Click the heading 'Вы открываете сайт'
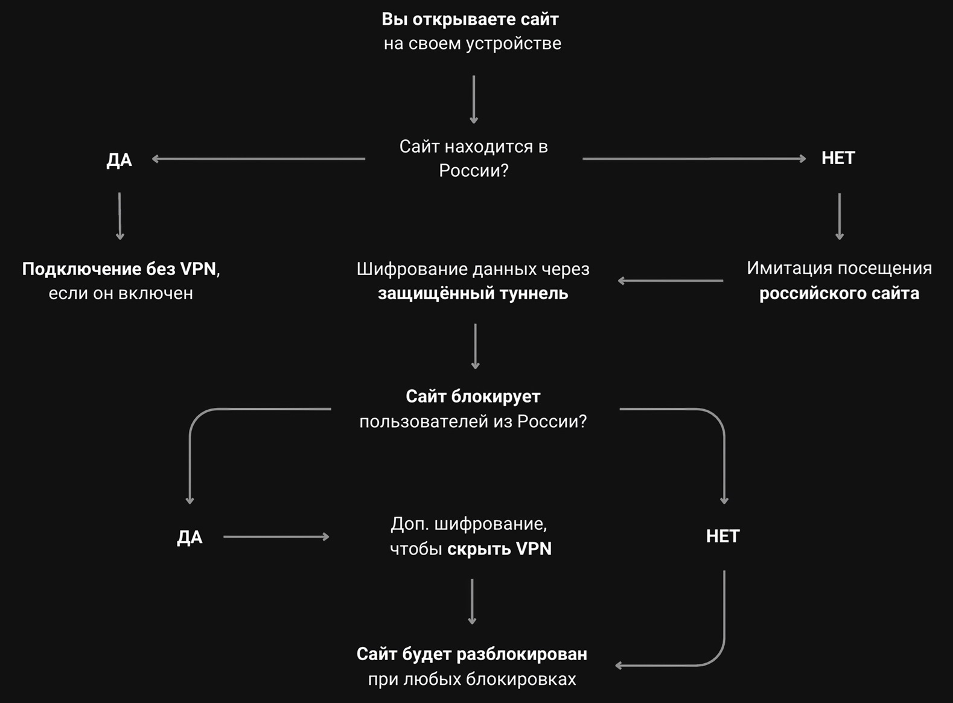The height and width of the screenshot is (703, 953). tap(470, 19)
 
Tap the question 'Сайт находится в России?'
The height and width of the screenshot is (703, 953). tap(474, 159)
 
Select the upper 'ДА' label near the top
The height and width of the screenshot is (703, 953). tap(120, 160)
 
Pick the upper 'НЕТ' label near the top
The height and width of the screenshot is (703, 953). tap(838, 158)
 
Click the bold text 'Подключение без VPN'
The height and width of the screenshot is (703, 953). tap(119, 269)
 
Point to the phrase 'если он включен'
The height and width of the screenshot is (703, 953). tap(121, 293)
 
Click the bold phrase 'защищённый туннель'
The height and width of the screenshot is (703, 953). tap(473, 293)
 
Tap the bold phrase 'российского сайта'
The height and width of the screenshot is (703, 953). tap(839, 293)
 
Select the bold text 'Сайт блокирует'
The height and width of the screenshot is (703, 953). tap(473, 396)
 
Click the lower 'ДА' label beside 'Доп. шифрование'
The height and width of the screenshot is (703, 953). tap(190, 537)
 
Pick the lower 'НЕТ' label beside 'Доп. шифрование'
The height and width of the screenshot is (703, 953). tap(723, 536)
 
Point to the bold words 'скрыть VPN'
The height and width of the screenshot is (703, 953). tap(499, 549)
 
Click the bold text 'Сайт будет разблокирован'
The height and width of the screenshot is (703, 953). tap(472, 655)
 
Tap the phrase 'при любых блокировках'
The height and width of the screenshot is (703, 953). tap(472, 679)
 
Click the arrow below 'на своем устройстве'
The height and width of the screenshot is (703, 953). tap(474, 100)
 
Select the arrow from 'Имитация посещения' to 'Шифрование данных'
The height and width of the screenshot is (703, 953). tap(671, 281)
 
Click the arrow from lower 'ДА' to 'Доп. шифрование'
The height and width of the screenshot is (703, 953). tap(276, 536)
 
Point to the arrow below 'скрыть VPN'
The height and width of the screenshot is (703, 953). tap(472, 602)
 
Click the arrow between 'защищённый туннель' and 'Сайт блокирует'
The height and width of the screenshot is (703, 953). tap(475, 346)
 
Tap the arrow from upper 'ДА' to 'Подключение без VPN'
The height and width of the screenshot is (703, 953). tap(120, 216)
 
